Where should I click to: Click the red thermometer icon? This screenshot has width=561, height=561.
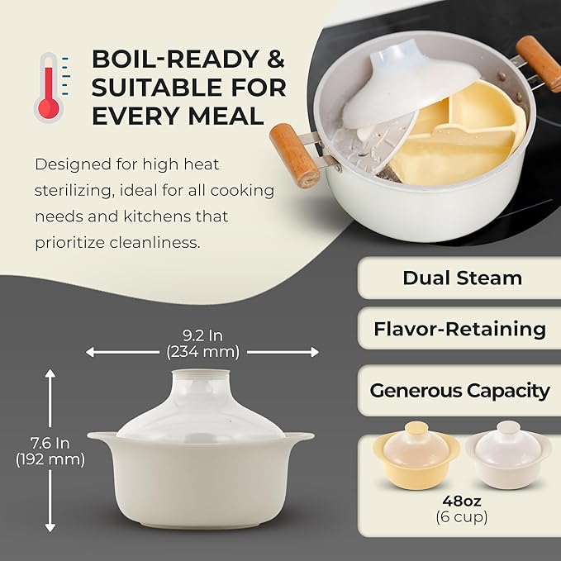48,87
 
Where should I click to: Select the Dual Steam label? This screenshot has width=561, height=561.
462,278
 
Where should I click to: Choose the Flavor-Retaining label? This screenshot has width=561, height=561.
459,329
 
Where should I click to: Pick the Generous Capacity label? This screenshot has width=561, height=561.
459,391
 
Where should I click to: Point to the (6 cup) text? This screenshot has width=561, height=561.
460,517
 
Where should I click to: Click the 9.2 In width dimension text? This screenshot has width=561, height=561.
202,335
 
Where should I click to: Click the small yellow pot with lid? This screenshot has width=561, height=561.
415,459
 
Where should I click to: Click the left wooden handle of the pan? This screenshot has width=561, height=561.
295,155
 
